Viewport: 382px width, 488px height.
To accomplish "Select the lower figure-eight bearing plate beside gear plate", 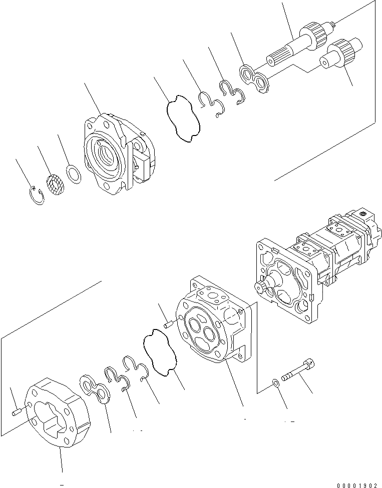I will tap(96, 389).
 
